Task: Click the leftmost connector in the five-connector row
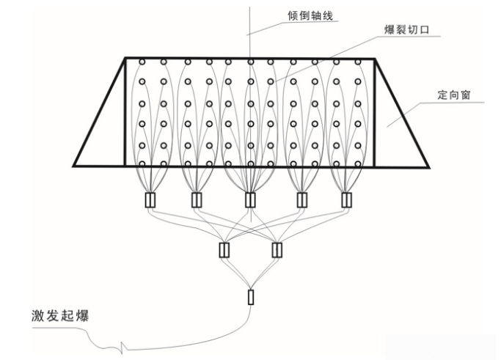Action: (150, 199)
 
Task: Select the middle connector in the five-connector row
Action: (250, 199)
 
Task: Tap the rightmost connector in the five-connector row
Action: (346, 199)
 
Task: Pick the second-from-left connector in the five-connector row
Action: (197, 199)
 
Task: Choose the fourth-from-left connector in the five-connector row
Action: (301, 199)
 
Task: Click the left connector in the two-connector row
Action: (224, 250)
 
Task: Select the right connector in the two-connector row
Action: (277, 250)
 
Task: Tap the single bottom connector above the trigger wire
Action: (251, 297)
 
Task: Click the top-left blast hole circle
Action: (144, 62)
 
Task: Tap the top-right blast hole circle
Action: (358, 62)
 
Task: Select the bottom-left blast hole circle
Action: (144, 163)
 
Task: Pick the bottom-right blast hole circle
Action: (358, 163)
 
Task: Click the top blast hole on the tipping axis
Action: (250, 62)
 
